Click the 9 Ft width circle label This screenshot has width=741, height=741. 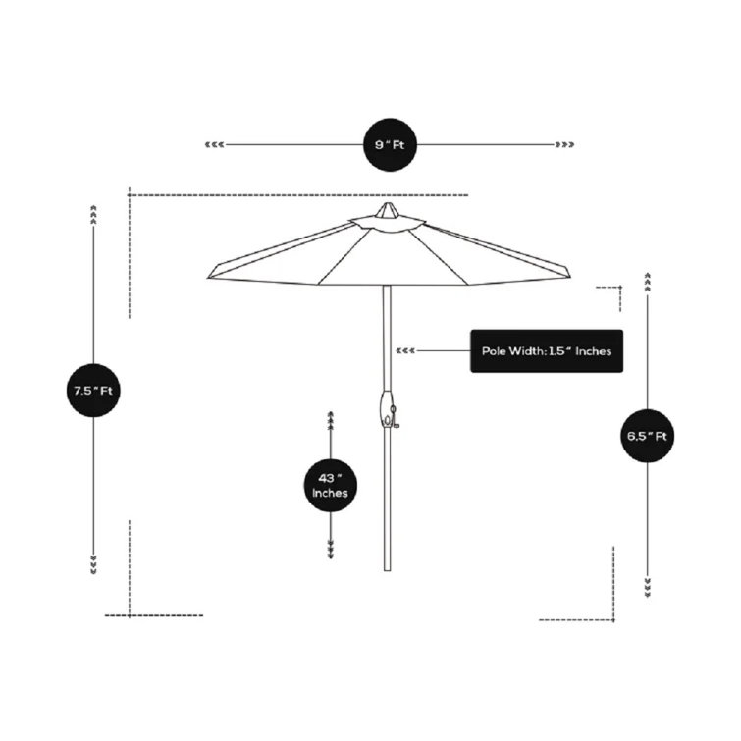(x=389, y=145)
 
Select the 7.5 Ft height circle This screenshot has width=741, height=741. (x=93, y=390)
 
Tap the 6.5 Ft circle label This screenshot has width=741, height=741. (x=648, y=435)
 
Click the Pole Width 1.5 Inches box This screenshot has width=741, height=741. (x=547, y=350)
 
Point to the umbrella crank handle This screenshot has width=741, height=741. (x=389, y=412)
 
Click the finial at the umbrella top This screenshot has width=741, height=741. (x=388, y=210)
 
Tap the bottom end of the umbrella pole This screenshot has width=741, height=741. (x=388, y=567)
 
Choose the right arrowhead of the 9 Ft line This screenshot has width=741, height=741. (x=564, y=145)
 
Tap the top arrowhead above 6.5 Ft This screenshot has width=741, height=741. (x=648, y=282)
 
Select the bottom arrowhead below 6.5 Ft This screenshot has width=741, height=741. (x=648, y=588)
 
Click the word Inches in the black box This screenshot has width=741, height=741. (x=594, y=350)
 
